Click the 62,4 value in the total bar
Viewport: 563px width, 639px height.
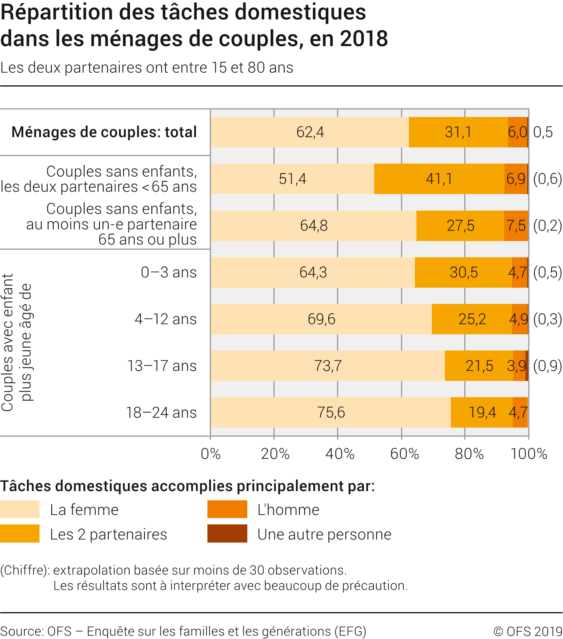[x=310, y=132]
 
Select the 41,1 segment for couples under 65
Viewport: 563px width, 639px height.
[x=439, y=179]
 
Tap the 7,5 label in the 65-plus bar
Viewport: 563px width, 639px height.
[x=516, y=226]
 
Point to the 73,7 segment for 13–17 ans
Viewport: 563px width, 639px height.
[x=328, y=366]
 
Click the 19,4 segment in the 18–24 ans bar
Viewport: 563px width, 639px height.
[x=482, y=413]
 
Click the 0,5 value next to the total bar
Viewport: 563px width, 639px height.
[x=543, y=132]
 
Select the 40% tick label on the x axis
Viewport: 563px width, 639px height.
[x=339, y=454]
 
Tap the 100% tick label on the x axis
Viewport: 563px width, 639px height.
[x=529, y=454]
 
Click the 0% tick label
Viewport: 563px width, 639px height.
[x=211, y=454]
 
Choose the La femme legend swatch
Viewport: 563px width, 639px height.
[x=20, y=509]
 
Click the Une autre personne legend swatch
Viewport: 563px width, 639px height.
[x=227, y=534]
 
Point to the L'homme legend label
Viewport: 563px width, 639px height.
[x=288, y=510]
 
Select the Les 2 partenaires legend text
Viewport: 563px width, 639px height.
[x=109, y=534]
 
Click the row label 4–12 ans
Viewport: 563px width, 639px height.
[x=166, y=319]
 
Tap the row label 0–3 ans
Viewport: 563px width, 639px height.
[x=169, y=272]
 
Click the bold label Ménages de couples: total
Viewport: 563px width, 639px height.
[x=104, y=132]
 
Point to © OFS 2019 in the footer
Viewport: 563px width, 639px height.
[x=527, y=631]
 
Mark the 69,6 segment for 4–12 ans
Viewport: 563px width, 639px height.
[x=321, y=319]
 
